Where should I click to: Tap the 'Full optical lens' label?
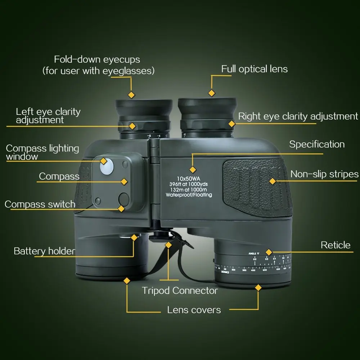click(x=255, y=69)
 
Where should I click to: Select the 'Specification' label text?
click(x=317, y=144)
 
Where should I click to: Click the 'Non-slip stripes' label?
click(x=324, y=174)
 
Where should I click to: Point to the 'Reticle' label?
click(x=336, y=245)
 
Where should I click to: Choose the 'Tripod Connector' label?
click(x=180, y=291)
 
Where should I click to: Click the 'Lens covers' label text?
click(x=194, y=310)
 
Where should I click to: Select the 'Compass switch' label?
click(x=40, y=204)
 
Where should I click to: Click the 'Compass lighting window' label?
click(x=42, y=152)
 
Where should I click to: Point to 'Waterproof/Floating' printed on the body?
click(x=189, y=195)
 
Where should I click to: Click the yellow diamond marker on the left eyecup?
click(x=132, y=95)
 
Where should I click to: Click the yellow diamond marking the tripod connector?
click(x=168, y=245)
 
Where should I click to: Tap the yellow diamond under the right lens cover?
click(x=258, y=287)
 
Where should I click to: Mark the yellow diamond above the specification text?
click(x=193, y=169)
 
